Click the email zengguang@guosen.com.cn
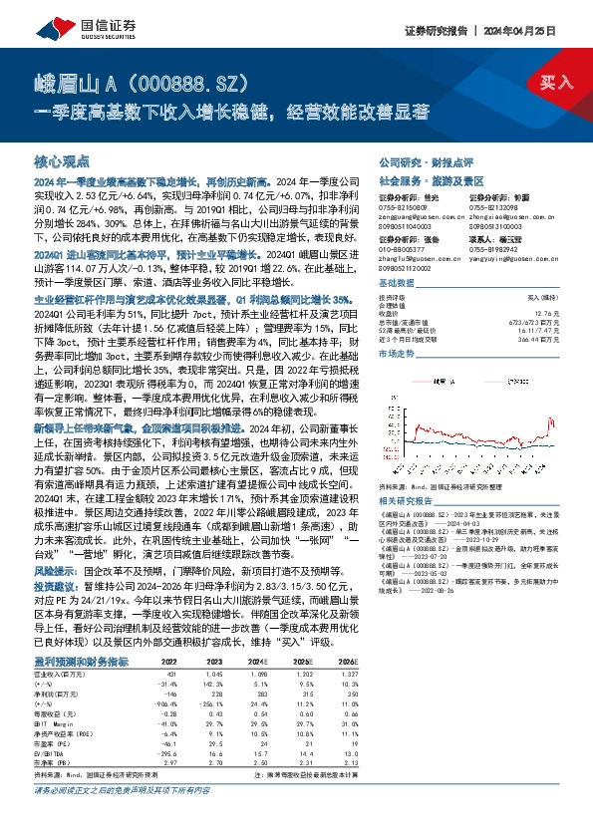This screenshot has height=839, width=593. [413, 226]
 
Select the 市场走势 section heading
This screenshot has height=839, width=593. [398, 353]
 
